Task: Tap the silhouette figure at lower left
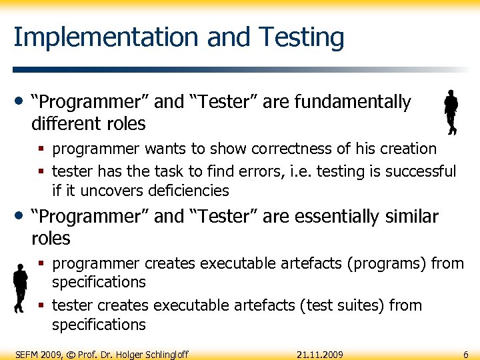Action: click(20, 287)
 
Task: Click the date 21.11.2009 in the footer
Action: click(320, 354)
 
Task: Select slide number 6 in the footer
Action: click(465, 354)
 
